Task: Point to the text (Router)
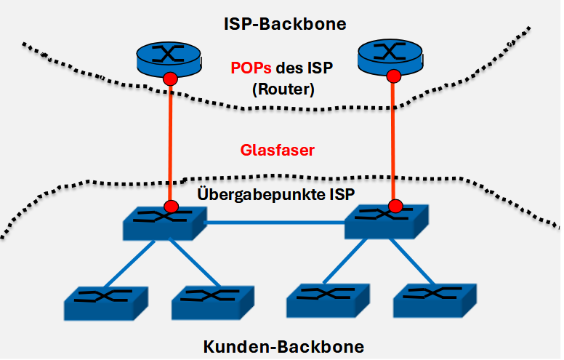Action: pos(283,92)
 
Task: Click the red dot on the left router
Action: pos(170,78)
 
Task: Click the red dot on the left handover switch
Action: pos(172,207)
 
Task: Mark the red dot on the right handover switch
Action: pos(395,207)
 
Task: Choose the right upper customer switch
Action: pos(386,221)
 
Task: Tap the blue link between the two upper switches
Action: pos(276,224)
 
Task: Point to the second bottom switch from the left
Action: pos(212,301)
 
